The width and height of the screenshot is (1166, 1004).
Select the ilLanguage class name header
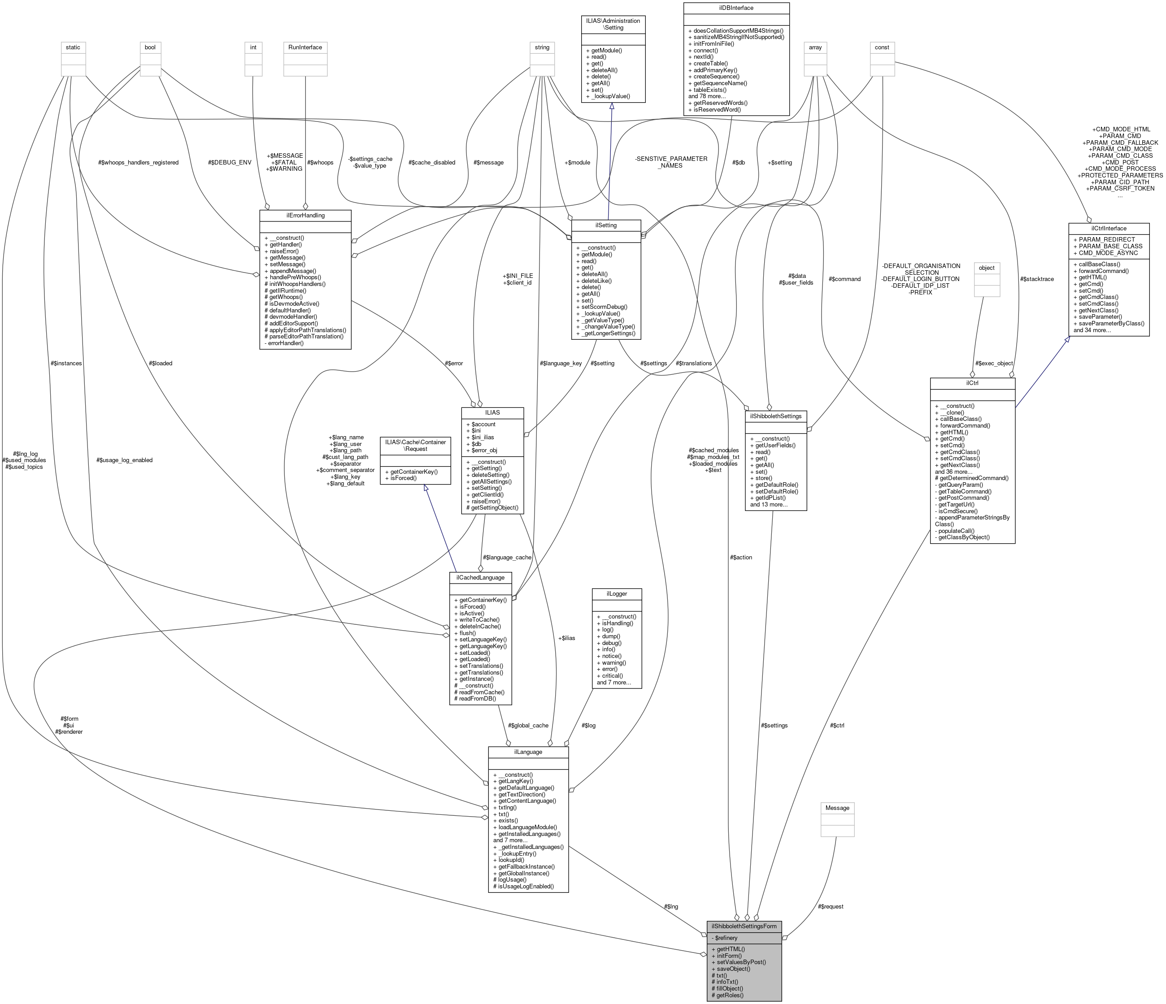click(528, 752)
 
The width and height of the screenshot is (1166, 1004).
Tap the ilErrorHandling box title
click(305, 216)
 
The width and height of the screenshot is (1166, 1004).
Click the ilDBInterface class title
click(735, 8)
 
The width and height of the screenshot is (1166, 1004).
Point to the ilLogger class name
click(616, 593)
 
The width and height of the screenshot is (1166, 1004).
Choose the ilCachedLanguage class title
click(480, 578)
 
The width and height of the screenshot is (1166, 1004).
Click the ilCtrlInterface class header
click(1108, 228)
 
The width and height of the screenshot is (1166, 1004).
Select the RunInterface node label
click(305, 47)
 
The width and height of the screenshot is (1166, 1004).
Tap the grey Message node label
click(837, 808)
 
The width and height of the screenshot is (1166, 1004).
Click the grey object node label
click(987, 268)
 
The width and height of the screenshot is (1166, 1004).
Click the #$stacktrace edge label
click(1036, 279)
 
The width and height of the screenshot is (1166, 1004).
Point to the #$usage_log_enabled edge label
click(124, 460)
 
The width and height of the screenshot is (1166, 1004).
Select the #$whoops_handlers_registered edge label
click(139, 163)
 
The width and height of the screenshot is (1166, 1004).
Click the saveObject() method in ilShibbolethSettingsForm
click(733, 969)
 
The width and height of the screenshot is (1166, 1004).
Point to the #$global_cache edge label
click(527, 725)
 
